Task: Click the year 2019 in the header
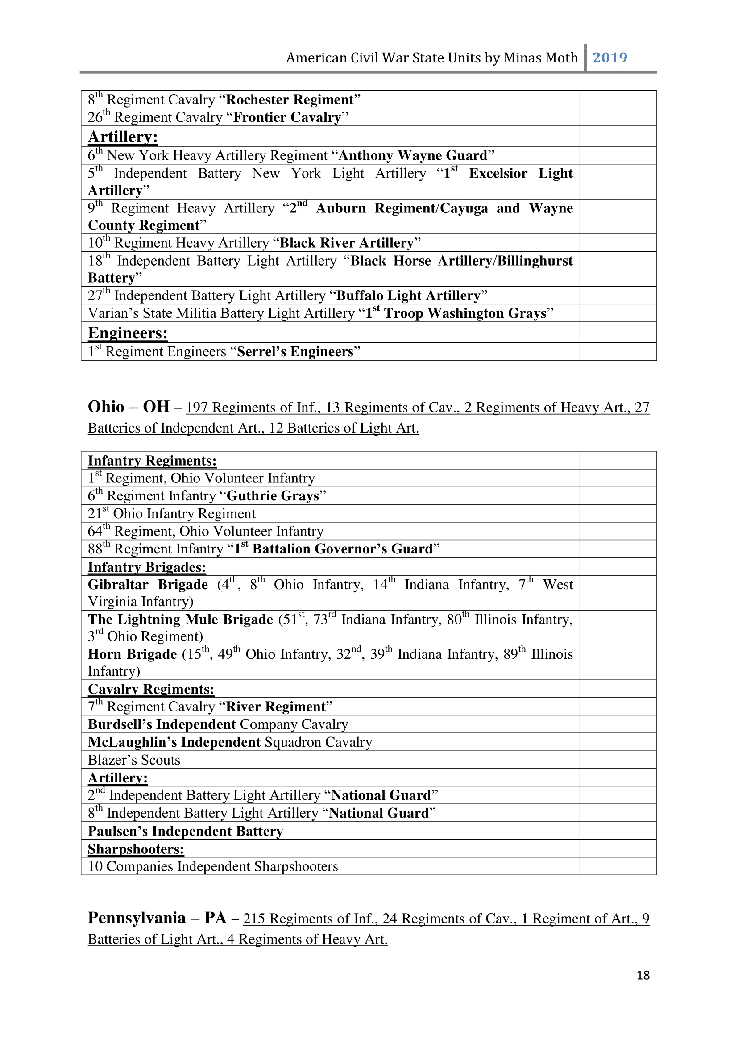click(x=609, y=58)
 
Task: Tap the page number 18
click(x=643, y=975)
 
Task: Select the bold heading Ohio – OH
click(x=129, y=407)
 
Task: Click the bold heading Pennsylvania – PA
click(x=157, y=918)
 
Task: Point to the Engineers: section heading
click(x=128, y=333)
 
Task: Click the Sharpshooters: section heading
click(x=136, y=849)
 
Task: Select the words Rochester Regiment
click(x=290, y=100)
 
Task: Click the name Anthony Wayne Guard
click(x=413, y=155)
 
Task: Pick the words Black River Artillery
click(x=346, y=243)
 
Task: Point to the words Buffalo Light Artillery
click(x=408, y=296)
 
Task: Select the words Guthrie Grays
click(x=273, y=496)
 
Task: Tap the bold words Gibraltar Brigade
click(x=148, y=585)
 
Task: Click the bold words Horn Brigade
click(x=132, y=654)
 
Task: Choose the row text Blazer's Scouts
click(x=134, y=760)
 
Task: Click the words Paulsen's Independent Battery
click(x=186, y=831)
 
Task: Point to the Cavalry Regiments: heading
click(x=151, y=689)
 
